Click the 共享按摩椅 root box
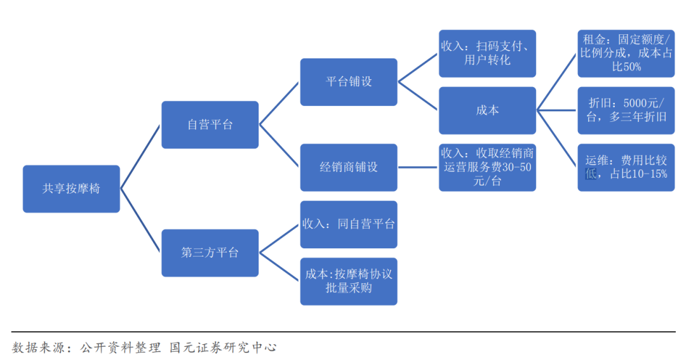tap(71, 189)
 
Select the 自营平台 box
tap(210, 124)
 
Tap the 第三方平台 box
tap(210, 253)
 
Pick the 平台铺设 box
tap(348, 82)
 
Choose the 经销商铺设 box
tap(348, 167)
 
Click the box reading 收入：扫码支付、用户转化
tap(487, 53)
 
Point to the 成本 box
tap(487, 110)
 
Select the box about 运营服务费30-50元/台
tap(487, 167)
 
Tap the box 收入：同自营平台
tap(348, 224)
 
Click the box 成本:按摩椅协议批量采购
tap(348, 281)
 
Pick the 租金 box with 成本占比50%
tap(626, 53)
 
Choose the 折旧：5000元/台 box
tap(626, 110)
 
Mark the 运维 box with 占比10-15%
tap(626, 167)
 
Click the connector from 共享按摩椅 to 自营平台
tap(140, 156)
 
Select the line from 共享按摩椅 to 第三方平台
tap(140, 221)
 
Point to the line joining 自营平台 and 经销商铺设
tap(279, 146)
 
